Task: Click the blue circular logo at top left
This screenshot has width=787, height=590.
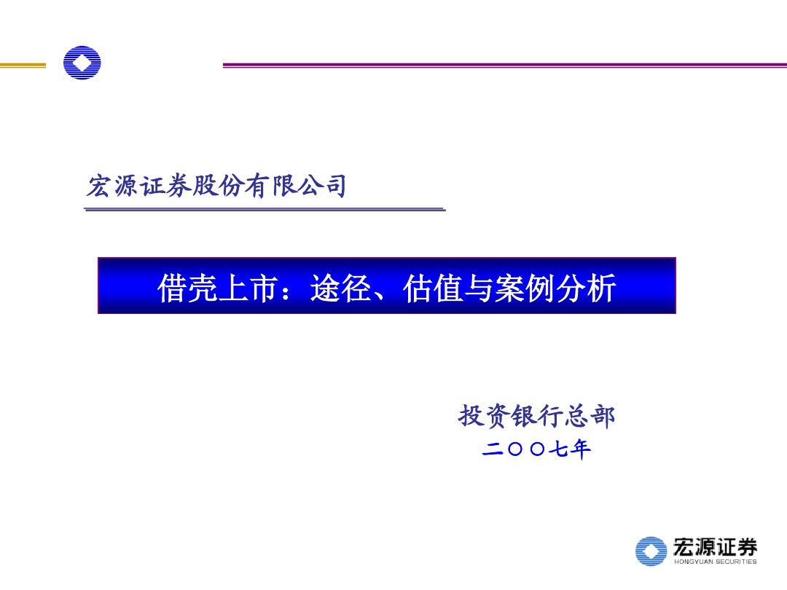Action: pos(82,63)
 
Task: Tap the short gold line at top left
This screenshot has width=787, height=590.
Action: pos(23,66)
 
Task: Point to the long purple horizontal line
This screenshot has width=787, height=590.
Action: pos(505,66)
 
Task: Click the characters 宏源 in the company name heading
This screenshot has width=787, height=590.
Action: pos(111,186)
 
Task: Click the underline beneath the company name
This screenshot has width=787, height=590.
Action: pos(265,209)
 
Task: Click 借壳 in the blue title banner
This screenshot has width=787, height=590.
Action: pos(187,288)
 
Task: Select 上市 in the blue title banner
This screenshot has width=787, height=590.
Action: pos(248,288)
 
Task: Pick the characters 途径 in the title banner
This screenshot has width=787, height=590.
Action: pos(341,288)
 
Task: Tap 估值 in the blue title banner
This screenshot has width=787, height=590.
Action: pos(433,288)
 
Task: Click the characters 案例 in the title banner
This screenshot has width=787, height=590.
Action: pos(525,288)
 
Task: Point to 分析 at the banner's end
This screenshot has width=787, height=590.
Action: pos(586,288)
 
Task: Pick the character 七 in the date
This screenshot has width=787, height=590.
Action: pos(558,449)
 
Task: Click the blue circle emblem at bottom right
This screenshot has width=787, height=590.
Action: pos(651,551)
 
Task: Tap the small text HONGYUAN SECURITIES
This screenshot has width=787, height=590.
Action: pos(716,562)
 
